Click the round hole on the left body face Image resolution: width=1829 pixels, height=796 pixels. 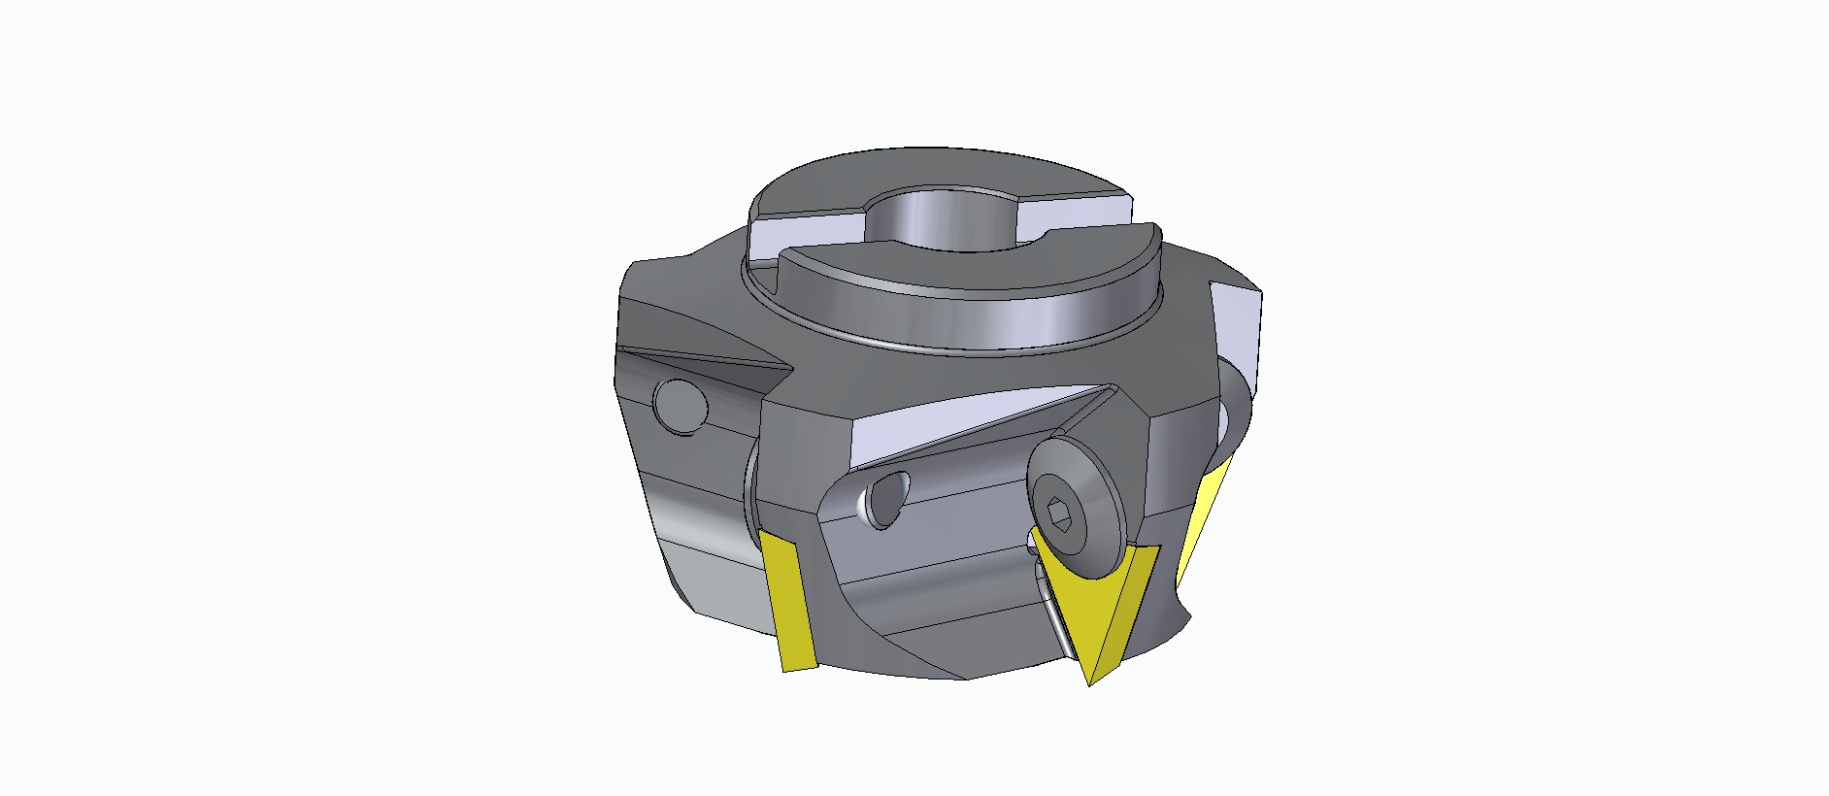[x=680, y=403]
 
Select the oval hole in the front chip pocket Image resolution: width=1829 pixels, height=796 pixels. [x=887, y=500]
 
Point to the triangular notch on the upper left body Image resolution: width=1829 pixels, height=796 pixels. [x=709, y=364]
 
